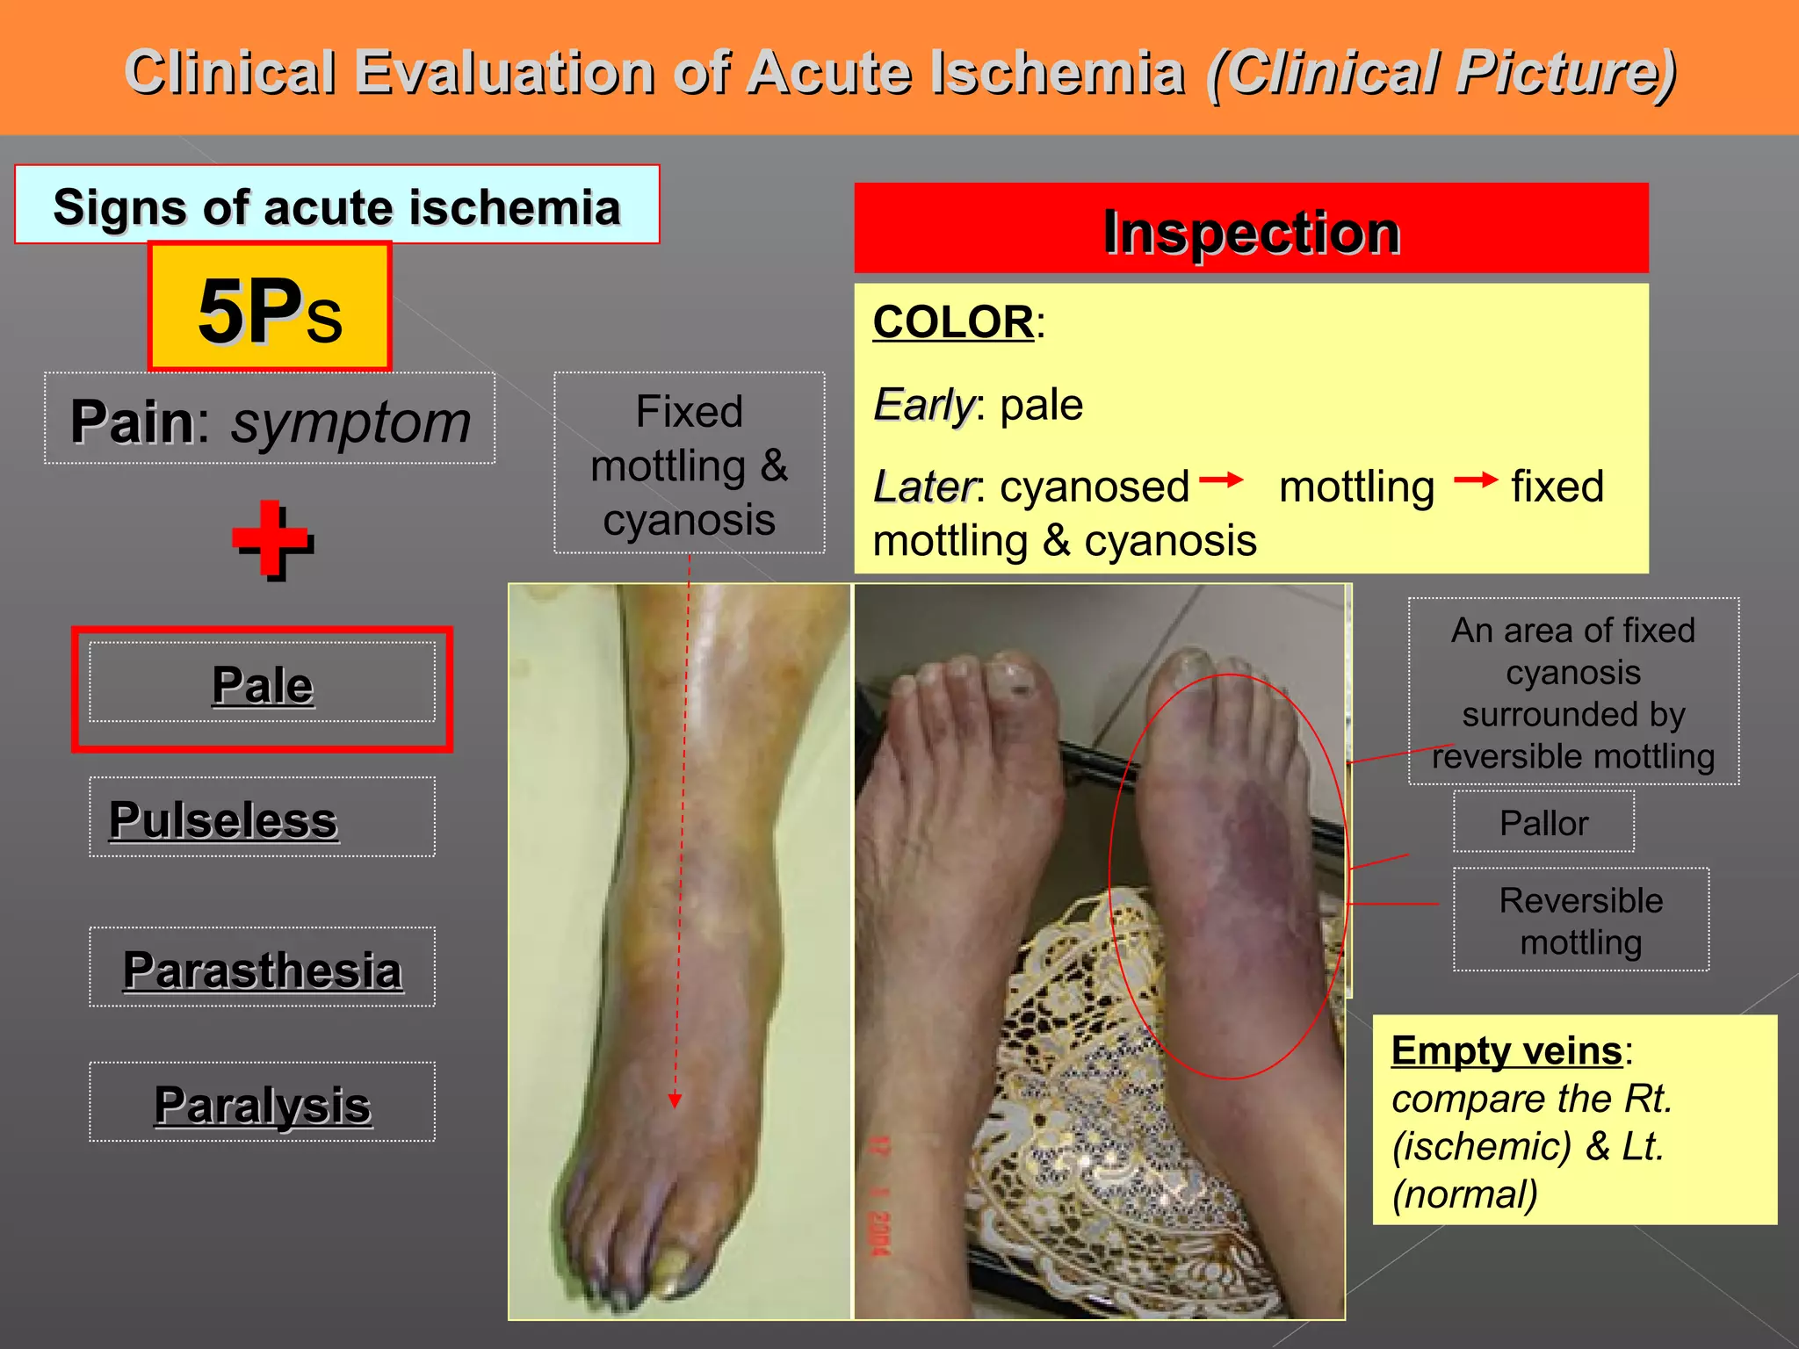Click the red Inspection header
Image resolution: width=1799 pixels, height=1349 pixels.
pyautogui.click(x=1251, y=230)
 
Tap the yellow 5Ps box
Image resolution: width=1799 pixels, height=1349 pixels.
pyautogui.click(x=270, y=307)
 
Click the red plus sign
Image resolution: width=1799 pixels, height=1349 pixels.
pyautogui.click(x=272, y=539)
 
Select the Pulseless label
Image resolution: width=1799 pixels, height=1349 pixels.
pyautogui.click(x=224, y=819)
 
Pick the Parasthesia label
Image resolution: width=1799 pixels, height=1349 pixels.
pyautogui.click(x=262, y=970)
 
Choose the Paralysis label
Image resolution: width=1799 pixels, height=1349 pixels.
pyautogui.click(x=262, y=1104)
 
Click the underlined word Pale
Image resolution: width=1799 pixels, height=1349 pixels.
pyautogui.click(x=262, y=684)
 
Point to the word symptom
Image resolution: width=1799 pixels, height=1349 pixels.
pyautogui.click(x=350, y=422)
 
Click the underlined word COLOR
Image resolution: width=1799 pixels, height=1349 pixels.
pyautogui.click(x=953, y=321)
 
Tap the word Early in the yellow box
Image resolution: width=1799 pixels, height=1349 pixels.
pyautogui.click(x=923, y=405)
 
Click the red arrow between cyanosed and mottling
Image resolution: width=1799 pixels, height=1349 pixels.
pyautogui.click(x=1222, y=480)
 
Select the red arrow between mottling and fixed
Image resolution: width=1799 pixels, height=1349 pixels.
pyautogui.click(x=1475, y=480)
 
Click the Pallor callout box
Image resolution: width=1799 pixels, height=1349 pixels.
pyautogui.click(x=1543, y=823)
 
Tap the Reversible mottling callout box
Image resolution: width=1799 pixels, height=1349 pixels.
pyautogui.click(x=1580, y=920)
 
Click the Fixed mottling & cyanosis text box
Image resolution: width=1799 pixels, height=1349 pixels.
pyautogui.click(x=689, y=464)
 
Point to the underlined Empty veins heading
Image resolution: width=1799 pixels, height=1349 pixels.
pyautogui.click(x=1506, y=1050)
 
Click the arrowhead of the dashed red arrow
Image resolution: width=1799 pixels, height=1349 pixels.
pyautogui.click(x=675, y=1101)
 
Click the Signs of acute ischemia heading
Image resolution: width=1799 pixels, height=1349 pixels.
pyautogui.click(x=336, y=206)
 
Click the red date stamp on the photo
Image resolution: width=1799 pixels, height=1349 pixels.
pyautogui.click(x=879, y=1194)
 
